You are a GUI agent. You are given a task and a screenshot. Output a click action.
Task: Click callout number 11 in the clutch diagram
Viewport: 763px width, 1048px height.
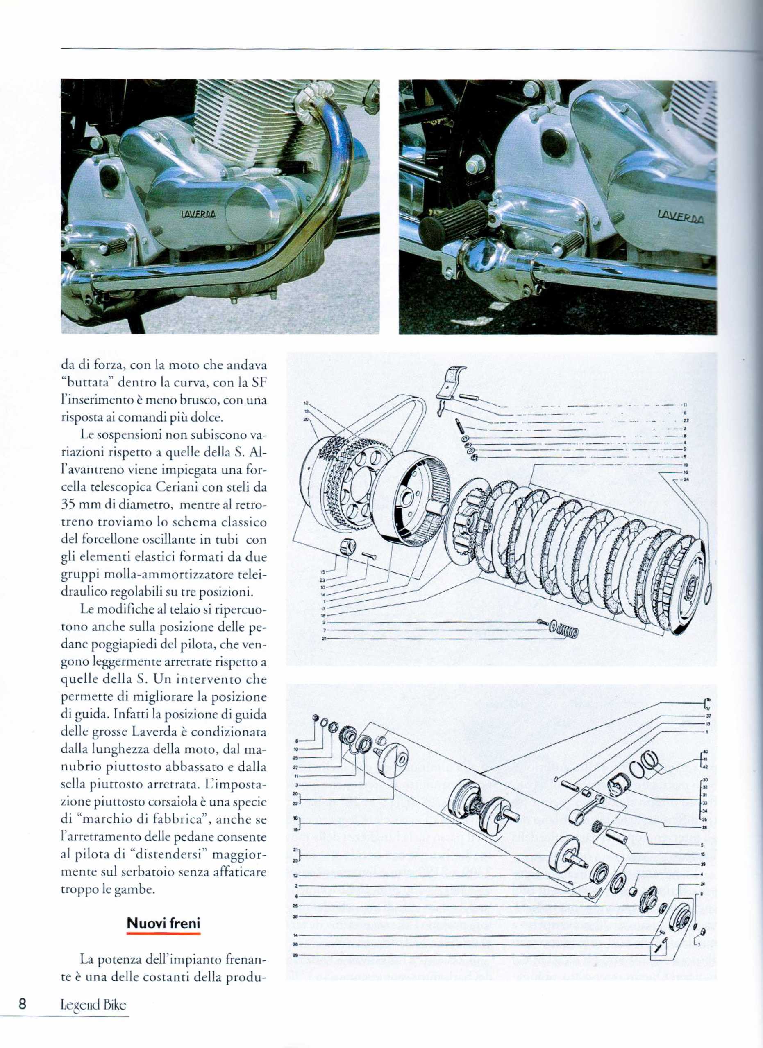click(x=685, y=405)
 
